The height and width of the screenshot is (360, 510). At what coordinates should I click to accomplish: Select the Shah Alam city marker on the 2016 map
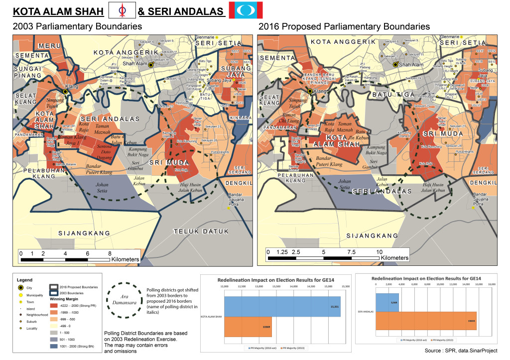coord(395,65)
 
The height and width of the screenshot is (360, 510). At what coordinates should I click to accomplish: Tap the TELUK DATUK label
coord(201,231)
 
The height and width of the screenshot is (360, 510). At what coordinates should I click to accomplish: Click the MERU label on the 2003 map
coord(49,46)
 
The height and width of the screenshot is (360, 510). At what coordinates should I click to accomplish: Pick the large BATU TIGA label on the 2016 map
coord(388,94)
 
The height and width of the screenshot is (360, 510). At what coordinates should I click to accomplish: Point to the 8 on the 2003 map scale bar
coord(110,253)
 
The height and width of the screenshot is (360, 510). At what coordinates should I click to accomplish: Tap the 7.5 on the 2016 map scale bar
coord(352,251)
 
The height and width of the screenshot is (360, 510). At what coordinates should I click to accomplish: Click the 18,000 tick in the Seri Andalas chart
coord(491,284)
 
